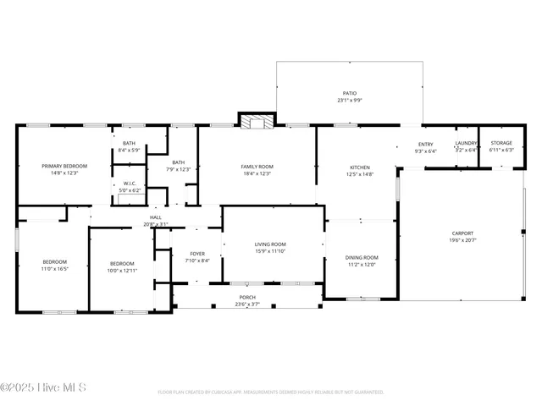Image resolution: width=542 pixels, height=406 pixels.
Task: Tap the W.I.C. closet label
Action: click(130, 184)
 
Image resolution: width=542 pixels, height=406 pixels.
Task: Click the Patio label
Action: click(349, 95)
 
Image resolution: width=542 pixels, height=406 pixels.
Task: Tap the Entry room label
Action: click(426, 145)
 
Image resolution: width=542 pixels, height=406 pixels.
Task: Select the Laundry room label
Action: click(467, 144)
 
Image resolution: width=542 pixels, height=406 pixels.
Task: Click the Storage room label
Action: click(501, 144)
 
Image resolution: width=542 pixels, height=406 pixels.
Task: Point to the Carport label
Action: click(462, 233)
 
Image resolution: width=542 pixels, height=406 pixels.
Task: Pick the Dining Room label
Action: click(361, 257)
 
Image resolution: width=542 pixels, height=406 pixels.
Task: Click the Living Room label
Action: click(270, 244)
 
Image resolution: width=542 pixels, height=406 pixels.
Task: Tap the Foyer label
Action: click(196, 253)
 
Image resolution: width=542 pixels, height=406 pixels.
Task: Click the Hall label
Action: click(156, 217)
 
